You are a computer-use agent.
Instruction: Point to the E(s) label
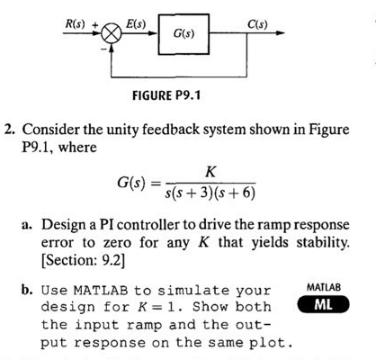[137, 19]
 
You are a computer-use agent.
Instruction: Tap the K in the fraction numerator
[210, 171]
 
